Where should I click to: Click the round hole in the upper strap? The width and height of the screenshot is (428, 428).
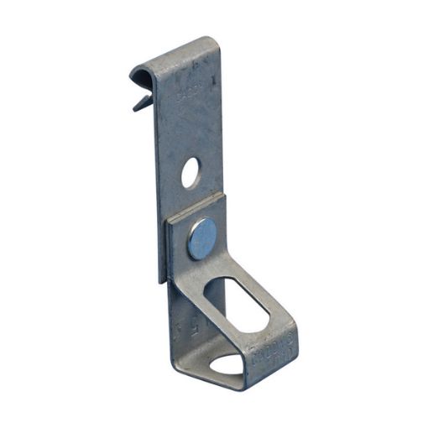pos(191,174)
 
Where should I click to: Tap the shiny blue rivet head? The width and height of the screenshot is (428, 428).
pos(201,238)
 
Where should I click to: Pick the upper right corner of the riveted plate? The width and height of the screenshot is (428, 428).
pos(225,196)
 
